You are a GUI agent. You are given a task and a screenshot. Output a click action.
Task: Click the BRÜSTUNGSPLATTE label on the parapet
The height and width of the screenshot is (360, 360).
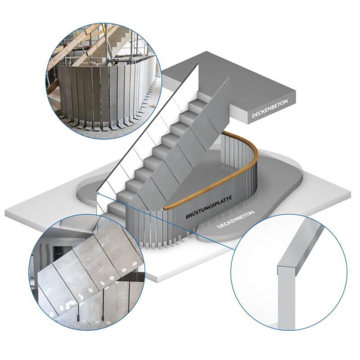209,207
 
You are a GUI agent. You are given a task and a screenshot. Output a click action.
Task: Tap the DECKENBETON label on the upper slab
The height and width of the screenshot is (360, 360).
270,108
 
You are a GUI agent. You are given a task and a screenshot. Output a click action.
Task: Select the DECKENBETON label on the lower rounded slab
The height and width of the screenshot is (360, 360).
235,219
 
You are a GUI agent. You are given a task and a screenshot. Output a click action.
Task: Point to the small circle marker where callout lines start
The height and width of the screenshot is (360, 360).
98,193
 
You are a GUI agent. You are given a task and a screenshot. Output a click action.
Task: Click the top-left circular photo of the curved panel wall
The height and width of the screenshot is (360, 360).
104,81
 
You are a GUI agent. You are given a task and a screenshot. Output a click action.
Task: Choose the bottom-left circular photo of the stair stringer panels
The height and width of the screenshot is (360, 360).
87,272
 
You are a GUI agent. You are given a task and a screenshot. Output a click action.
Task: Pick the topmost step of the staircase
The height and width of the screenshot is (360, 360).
204,95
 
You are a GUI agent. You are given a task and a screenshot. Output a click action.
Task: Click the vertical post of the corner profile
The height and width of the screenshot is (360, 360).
286,298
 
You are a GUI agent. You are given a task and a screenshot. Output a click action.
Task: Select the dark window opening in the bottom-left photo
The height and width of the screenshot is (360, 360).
63,252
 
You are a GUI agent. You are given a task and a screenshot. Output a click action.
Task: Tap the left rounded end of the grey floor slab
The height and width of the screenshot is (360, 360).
86,193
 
